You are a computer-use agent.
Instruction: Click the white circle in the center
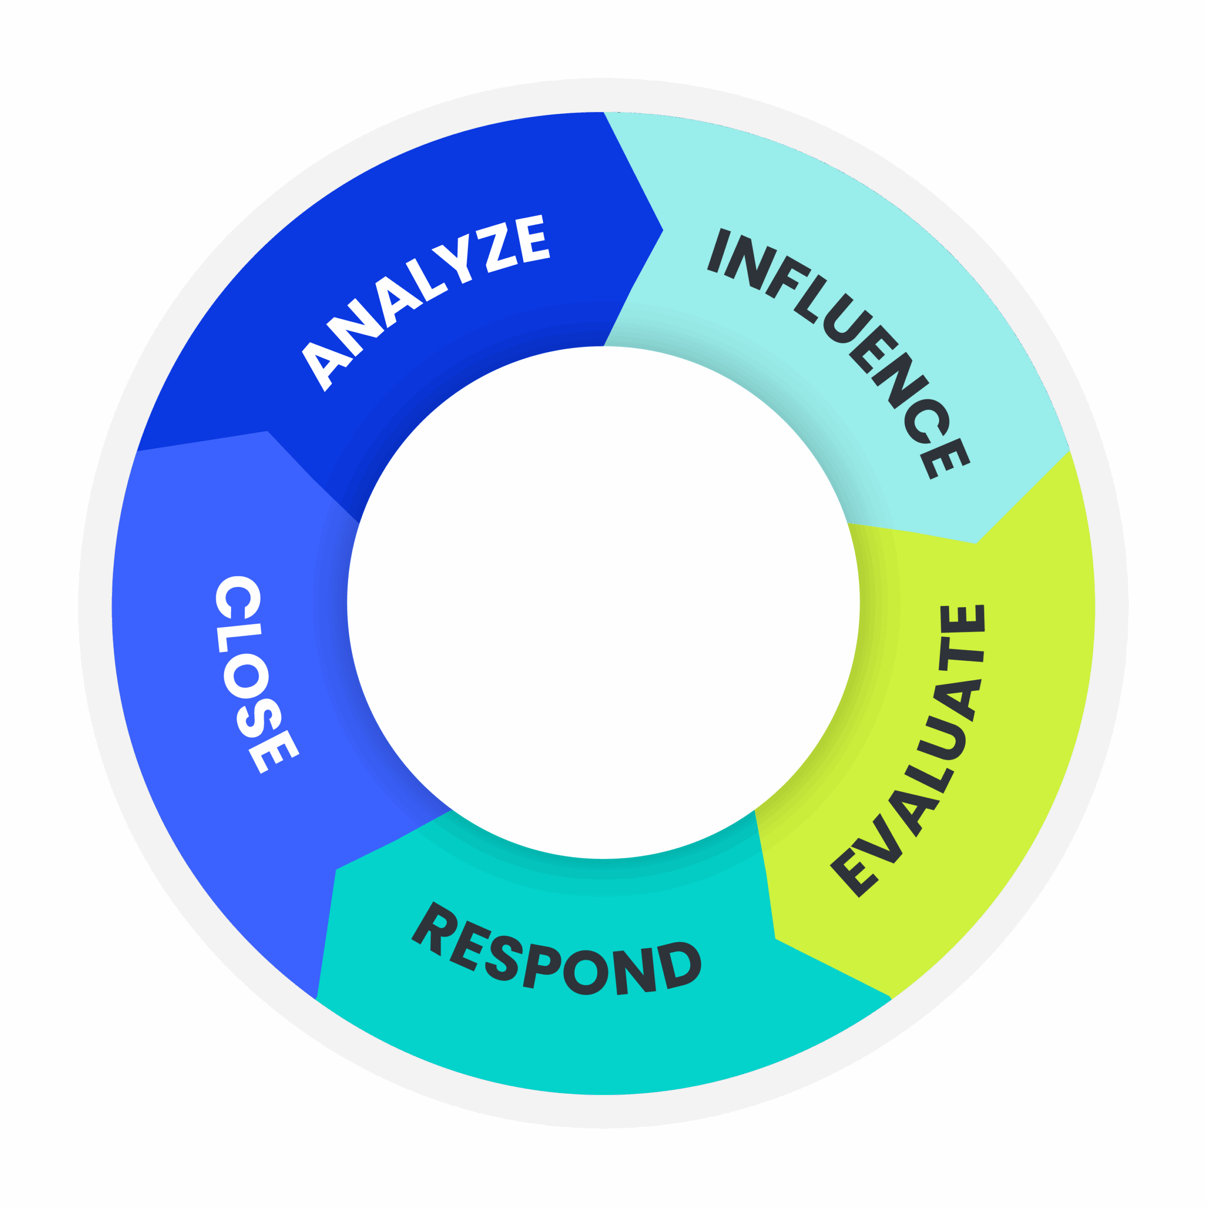[603, 602]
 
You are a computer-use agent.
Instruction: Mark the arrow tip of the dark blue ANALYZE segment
[662, 230]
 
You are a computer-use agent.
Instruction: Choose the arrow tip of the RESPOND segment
[336, 869]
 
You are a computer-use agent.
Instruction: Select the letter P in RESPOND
[540, 956]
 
